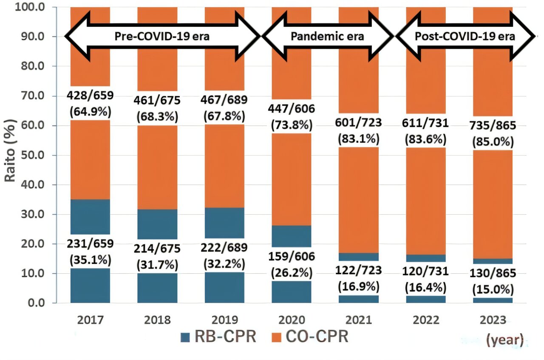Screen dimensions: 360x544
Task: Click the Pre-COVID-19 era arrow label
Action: (162, 37)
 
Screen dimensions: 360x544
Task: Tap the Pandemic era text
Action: (327, 37)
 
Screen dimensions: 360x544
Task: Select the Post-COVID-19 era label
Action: (465, 37)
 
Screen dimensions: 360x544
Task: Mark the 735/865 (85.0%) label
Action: (493, 133)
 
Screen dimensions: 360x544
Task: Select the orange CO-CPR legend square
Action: (276, 337)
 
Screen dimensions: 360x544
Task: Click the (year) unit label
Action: (505, 340)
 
